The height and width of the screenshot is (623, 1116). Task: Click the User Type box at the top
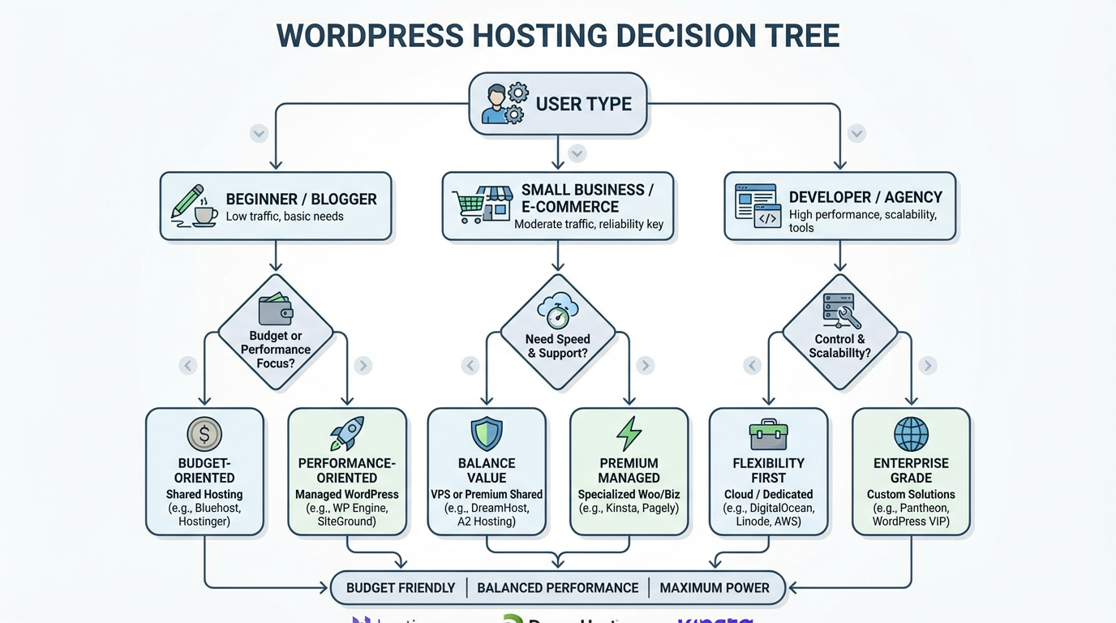[558, 104]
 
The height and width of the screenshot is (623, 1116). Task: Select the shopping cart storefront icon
[482, 205]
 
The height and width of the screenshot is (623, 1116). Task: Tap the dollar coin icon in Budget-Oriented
[204, 434]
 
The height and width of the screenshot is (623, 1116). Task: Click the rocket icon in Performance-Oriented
[347, 434]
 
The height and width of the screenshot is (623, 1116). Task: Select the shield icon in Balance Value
[487, 434]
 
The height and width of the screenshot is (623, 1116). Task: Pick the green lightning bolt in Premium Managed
[629, 434]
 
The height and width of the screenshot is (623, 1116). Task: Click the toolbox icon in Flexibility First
[768, 435]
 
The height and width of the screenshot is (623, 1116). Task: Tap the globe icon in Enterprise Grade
[911, 434]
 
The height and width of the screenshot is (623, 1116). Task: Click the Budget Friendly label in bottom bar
[401, 588]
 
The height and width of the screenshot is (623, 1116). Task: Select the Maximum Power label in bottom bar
[715, 588]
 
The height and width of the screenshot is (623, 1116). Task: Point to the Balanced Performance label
[558, 588]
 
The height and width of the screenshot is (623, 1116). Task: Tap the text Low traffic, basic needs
[285, 217]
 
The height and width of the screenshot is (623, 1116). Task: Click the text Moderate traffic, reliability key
[589, 224]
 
